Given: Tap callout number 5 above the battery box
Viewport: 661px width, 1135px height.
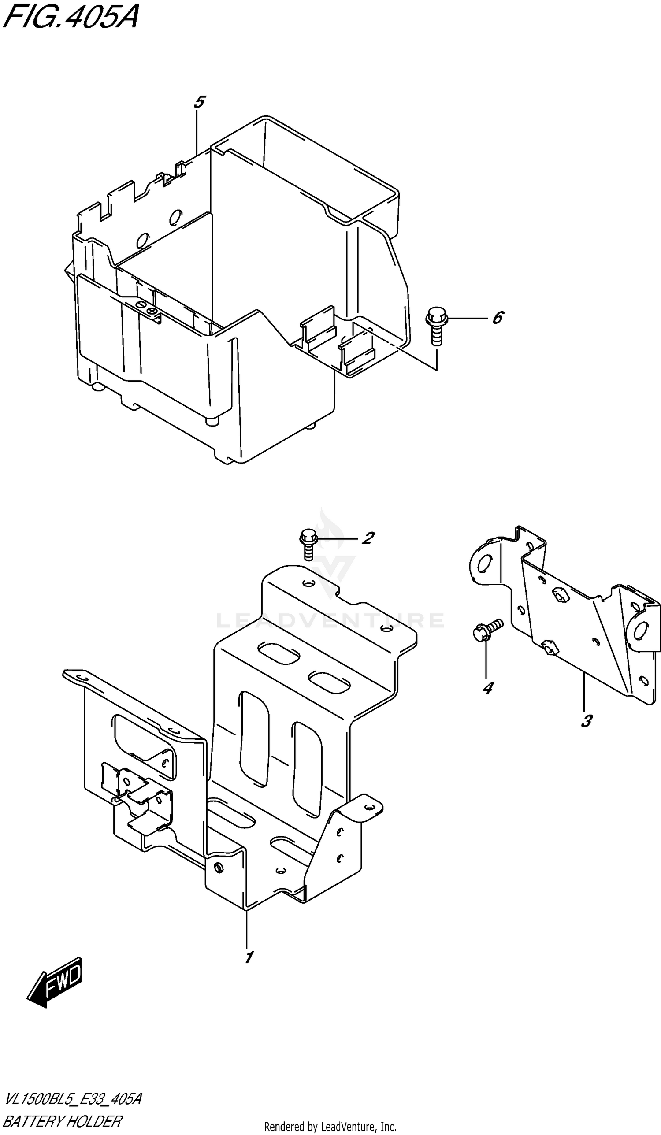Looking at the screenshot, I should point(199,102).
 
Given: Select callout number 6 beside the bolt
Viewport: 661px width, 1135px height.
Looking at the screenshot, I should point(497,318).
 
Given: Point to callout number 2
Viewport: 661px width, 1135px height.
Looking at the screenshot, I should point(368,538).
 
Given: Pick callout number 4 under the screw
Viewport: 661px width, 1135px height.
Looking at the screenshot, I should point(487,688).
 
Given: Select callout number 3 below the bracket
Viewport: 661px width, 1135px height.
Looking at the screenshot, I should point(586,721).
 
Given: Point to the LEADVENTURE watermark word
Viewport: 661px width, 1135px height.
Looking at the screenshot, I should point(330,620).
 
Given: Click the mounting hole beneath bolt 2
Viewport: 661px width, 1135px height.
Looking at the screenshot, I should point(308,584).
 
